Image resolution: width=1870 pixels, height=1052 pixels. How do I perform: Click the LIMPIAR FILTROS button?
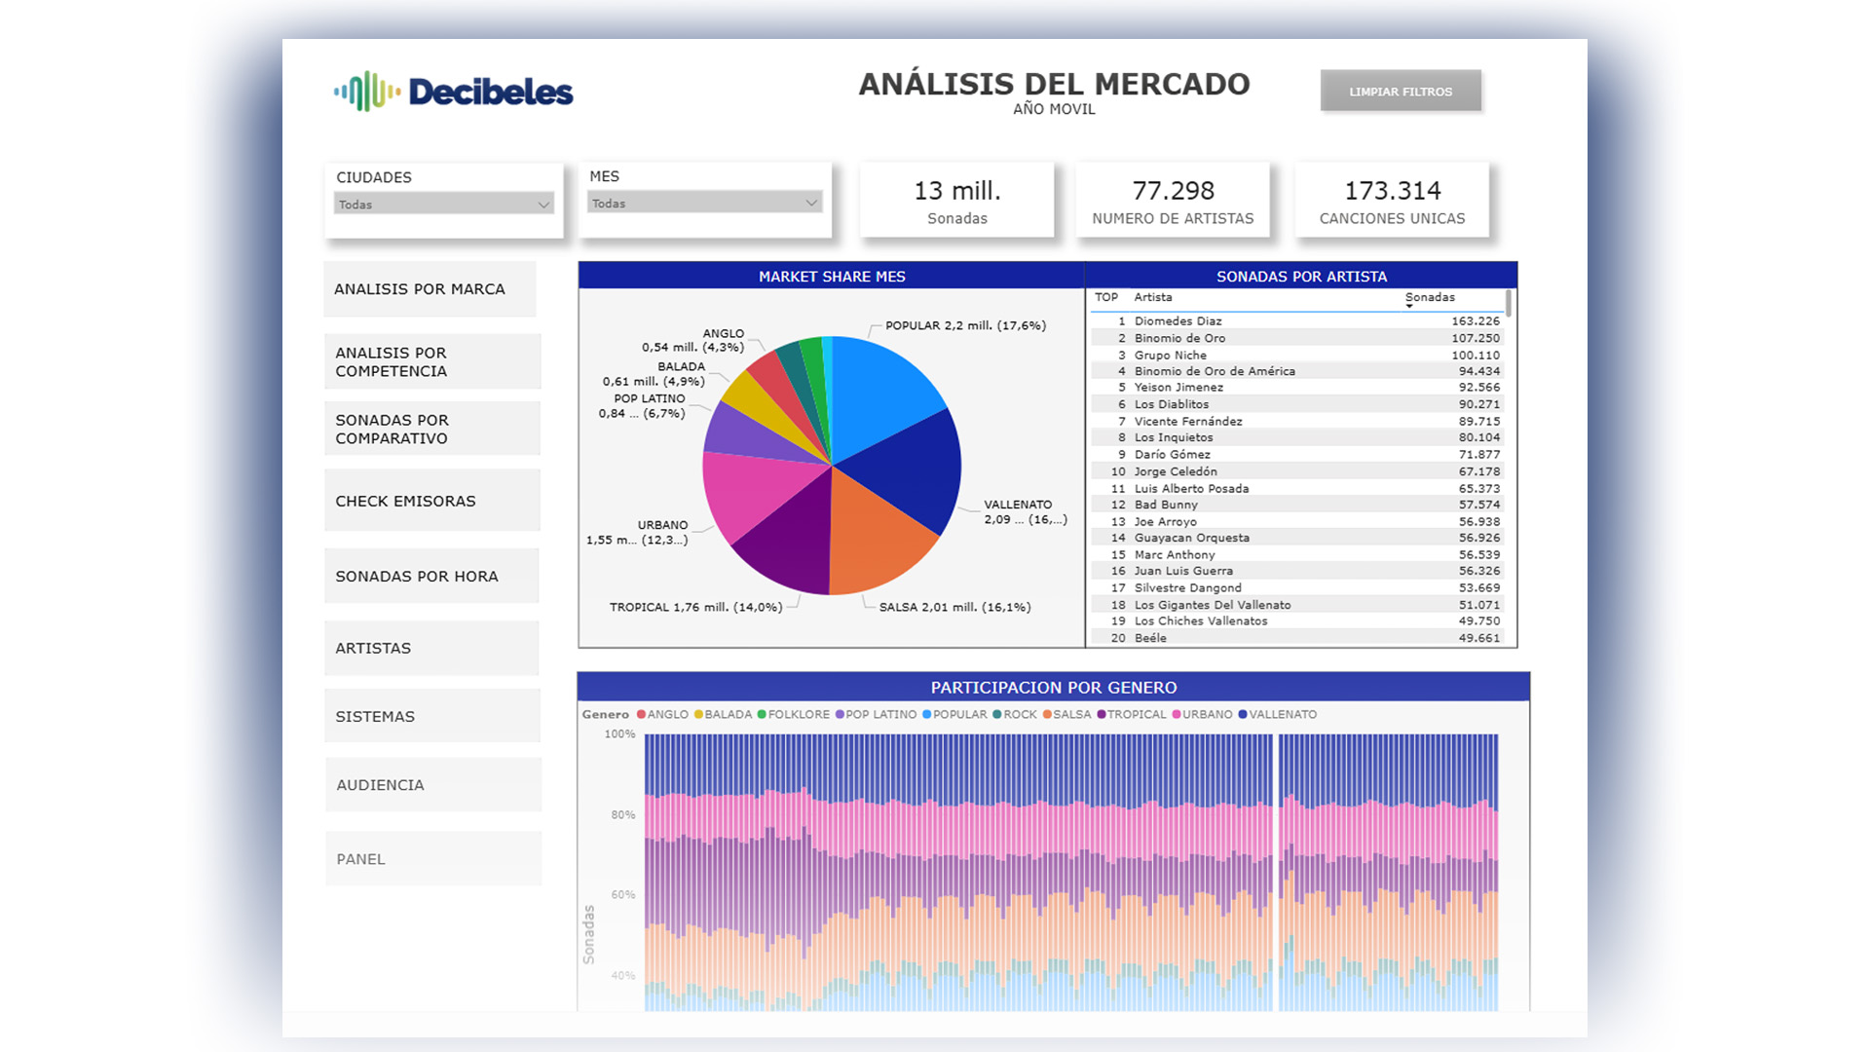click(1401, 92)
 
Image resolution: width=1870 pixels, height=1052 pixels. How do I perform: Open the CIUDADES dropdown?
click(443, 204)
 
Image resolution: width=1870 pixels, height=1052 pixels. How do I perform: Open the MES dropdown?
click(705, 203)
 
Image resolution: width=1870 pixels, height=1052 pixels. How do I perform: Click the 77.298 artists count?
click(1173, 190)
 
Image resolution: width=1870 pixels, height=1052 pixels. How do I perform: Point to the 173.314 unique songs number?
click(1392, 190)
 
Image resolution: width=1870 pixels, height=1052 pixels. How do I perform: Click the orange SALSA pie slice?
click(877, 541)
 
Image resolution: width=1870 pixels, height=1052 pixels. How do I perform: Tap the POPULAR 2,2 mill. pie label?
click(965, 325)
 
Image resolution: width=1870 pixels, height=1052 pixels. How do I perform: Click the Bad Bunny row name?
click(1166, 505)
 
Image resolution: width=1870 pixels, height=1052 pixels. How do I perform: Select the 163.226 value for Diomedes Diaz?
click(1476, 320)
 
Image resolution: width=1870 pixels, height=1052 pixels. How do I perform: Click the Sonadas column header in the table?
click(1430, 297)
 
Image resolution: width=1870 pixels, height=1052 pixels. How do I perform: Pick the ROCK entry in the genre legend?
click(1015, 714)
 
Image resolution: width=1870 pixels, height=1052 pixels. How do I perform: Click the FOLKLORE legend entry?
click(793, 714)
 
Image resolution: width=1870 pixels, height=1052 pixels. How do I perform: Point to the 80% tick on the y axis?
click(623, 814)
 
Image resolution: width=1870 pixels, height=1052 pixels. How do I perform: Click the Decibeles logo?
click(453, 92)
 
